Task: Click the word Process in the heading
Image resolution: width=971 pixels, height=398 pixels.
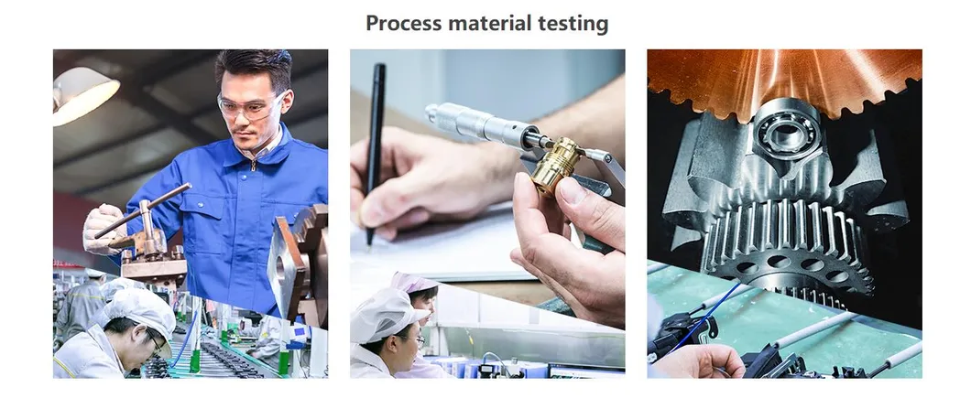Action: tap(403, 24)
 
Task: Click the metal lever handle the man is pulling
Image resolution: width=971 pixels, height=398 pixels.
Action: tap(142, 210)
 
